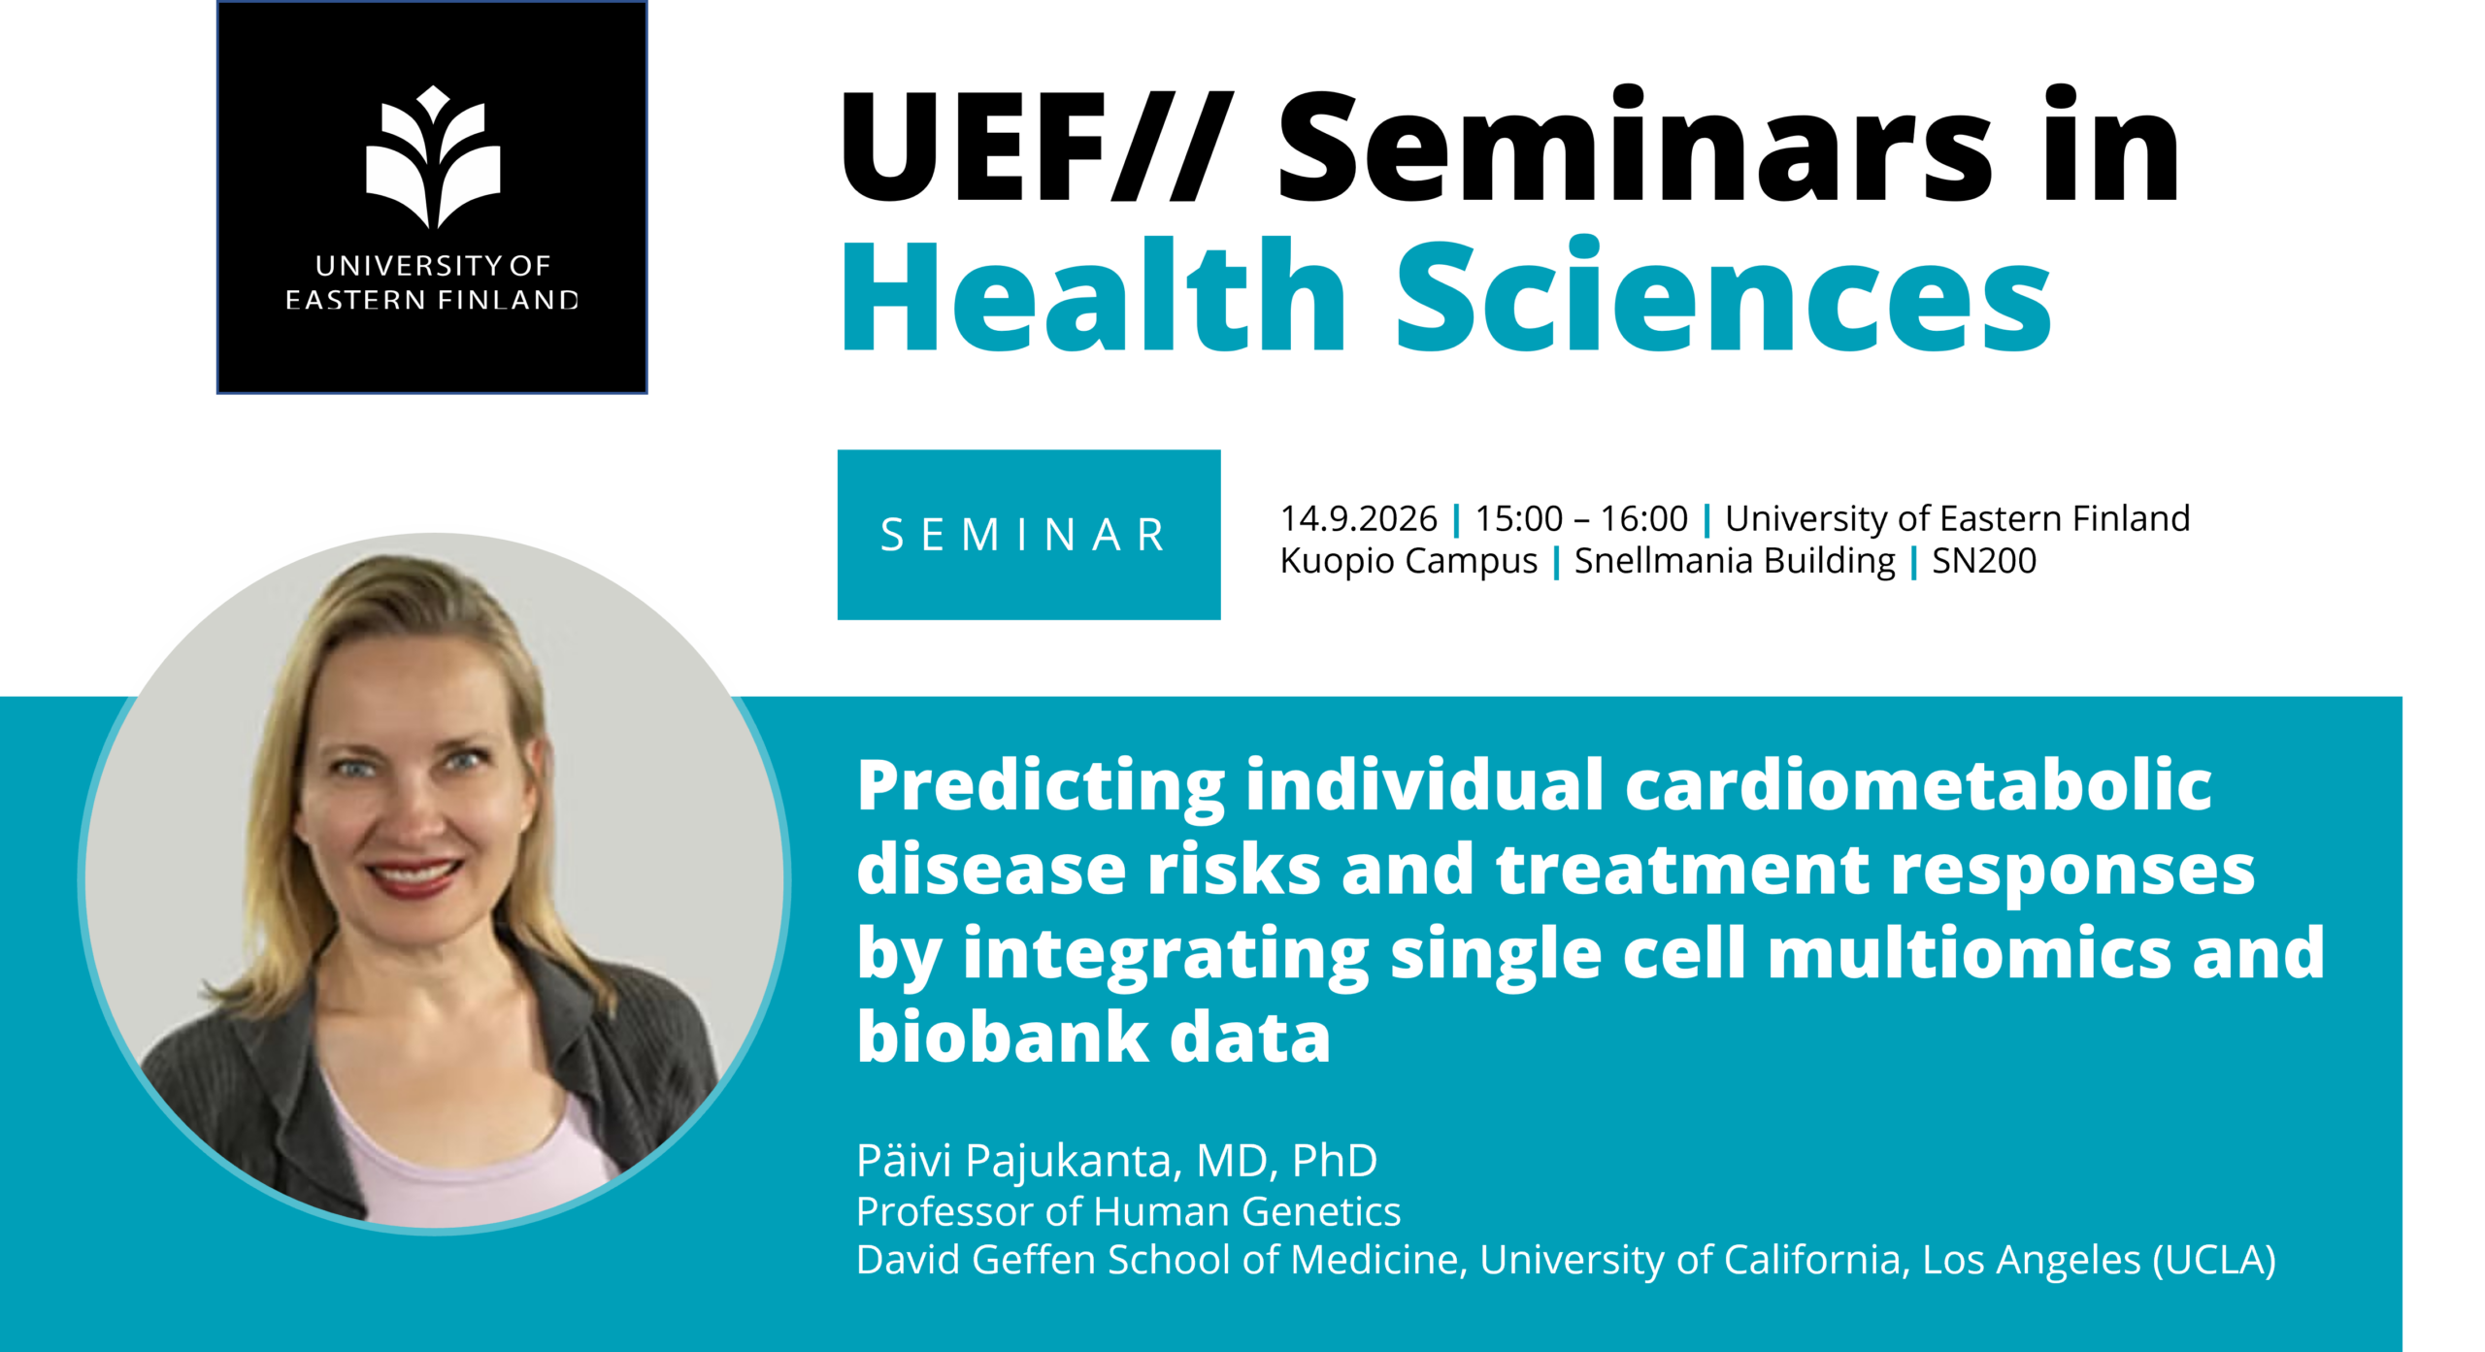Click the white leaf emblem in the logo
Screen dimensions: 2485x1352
pyautogui.click(x=433, y=157)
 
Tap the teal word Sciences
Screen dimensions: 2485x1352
pyautogui.click(x=1724, y=295)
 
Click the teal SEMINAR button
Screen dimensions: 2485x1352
pyautogui.click(x=1029, y=535)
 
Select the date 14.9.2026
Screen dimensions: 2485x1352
pyautogui.click(x=1359, y=519)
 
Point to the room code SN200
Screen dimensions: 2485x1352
pyautogui.click(x=1984, y=561)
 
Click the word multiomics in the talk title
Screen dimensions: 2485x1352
pyautogui.click(x=1969, y=953)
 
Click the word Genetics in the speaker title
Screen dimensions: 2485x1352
pyautogui.click(x=1321, y=1211)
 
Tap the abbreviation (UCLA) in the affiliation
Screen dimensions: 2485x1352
pyautogui.click(x=2214, y=1260)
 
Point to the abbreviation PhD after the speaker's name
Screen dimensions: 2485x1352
pyautogui.click(x=1335, y=1161)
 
